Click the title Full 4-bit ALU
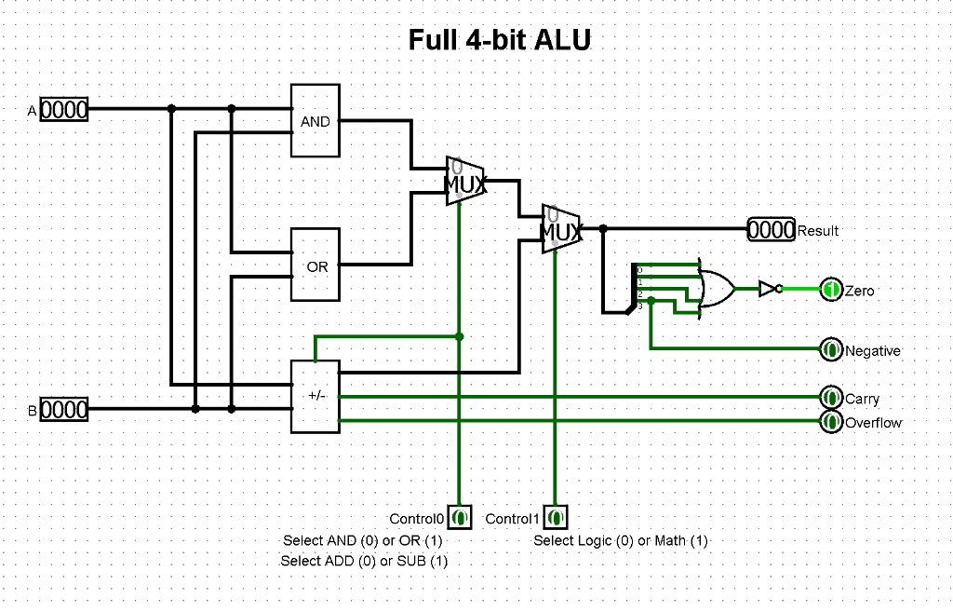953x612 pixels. pyautogui.click(x=500, y=40)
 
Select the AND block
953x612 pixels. pyautogui.click(x=315, y=121)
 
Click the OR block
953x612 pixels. pyautogui.click(x=315, y=265)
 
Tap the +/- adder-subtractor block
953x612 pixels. pyautogui.click(x=315, y=396)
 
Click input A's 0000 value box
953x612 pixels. pyautogui.click(x=64, y=111)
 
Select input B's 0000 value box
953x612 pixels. pyautogui.click(x=64, y=409)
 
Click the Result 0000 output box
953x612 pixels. pyautogui.click(x=772, y=229)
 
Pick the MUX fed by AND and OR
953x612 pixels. pyautogui.click(x=464, y=181)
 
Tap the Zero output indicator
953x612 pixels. pyautogui.click(x=831, y=290)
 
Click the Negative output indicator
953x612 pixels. pyautogui.click(x=831, y=350)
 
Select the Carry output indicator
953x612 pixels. pyautogui.click(x=831, y=398)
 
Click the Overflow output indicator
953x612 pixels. pyautogui.click(x=831, y=422)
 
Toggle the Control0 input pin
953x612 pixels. pyautogui.click(x=460, y=517)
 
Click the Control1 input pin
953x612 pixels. pyautogui.click(x=556, y=517)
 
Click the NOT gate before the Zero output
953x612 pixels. pyautogui.click(x=768, y=289)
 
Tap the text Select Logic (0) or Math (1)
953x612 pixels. pyautogui.click(x=621, y=540)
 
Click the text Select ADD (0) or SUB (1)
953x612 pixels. pyautogui.click(x=364, y=561)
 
